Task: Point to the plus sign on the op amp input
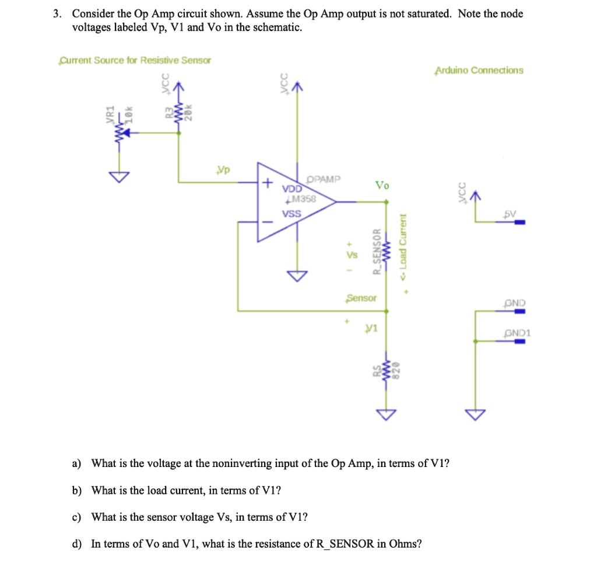266,183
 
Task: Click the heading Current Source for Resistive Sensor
135,61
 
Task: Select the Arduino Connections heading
479,71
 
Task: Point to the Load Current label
402,247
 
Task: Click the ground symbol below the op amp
297,276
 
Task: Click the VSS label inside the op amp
291,214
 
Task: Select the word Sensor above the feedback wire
361,298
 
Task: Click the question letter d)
76,544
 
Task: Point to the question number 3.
57,14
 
